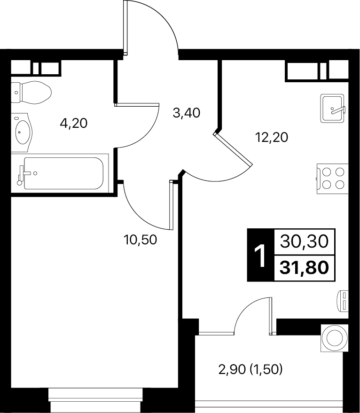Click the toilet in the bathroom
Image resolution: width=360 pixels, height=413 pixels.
tap(31, 93)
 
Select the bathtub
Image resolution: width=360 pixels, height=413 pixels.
tap(60, 173)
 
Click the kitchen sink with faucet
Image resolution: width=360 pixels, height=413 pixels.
tap(332, 108)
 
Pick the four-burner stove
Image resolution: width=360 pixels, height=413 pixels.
tap(333, 179)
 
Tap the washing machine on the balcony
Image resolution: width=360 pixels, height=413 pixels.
tap(335, 338)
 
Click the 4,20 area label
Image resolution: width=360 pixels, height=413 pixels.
tap(73, 123)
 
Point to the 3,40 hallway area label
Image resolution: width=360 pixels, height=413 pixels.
tap(186, 113)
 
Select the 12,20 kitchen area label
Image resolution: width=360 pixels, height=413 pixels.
tap(272, 137)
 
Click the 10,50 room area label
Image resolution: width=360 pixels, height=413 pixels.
tap(140, 240)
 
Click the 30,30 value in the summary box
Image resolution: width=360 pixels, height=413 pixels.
tap(305, 242)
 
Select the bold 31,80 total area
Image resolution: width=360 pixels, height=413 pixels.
tap(305, 268)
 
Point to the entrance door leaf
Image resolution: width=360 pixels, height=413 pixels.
tap(125, 28)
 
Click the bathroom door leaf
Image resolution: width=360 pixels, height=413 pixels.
tap(137, 104)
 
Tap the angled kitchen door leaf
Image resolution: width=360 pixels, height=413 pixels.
tap(233, 149)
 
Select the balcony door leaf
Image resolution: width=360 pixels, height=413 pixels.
tap(270, 316)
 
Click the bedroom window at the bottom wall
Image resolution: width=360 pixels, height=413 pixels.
tap(96, 401)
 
